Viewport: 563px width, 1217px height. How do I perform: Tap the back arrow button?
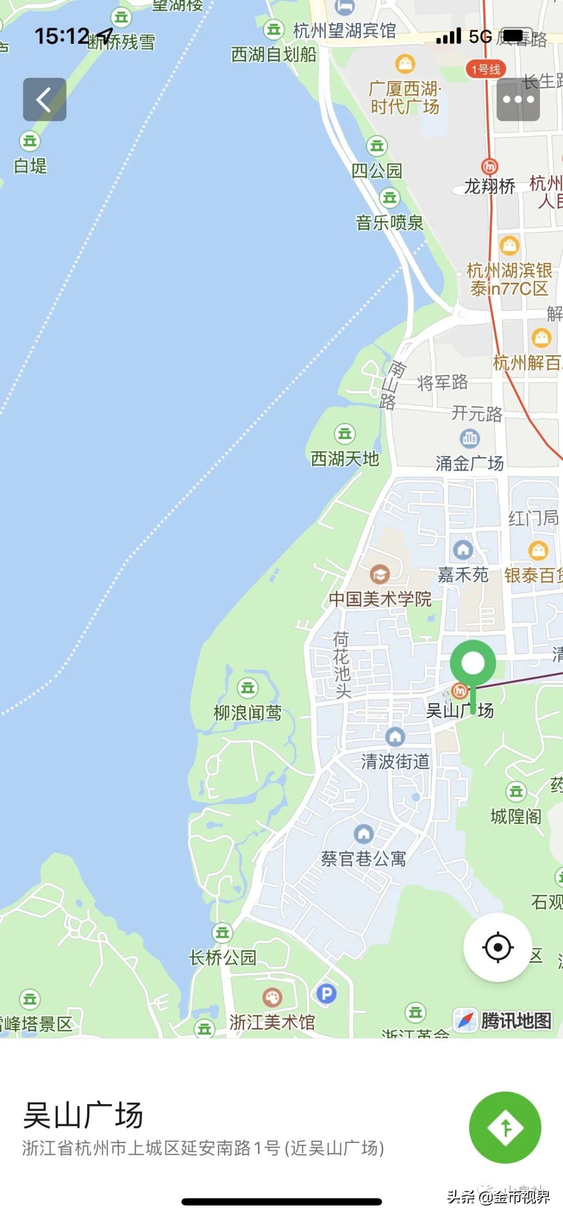point(44,99)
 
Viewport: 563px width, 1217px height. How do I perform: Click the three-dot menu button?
point(518,99)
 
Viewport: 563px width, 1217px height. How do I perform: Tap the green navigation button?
point(505,1127)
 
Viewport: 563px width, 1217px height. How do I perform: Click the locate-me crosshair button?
point(497,947)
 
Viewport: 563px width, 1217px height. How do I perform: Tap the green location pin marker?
point(473,664)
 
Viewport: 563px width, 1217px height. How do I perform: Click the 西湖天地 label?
point(345,459)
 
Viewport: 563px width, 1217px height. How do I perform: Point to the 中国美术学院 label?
point(380,599)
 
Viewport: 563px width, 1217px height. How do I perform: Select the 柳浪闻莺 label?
point(248,712)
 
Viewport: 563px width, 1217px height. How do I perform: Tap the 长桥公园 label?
point(223,957)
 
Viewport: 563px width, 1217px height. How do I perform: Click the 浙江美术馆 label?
point(272,1022)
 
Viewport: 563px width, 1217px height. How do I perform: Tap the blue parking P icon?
point(326,994)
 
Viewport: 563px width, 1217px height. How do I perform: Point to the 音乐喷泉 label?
point(389,223)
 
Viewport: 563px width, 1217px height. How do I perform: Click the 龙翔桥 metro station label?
point(489,186)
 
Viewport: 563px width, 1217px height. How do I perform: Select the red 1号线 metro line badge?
point(485,69)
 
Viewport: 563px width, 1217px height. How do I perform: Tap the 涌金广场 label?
point(470,463)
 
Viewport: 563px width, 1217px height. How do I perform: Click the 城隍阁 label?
point(516,816)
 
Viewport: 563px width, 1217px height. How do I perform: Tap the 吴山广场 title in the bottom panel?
point(83,1115)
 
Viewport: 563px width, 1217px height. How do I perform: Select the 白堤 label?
point(30,166)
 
